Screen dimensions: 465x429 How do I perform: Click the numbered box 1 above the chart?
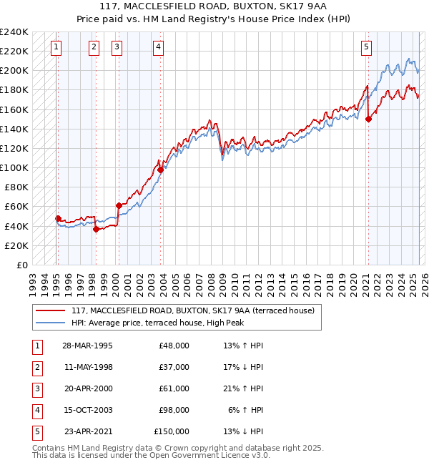click(56, 48)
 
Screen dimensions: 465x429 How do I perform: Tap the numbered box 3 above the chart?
click(117, 48)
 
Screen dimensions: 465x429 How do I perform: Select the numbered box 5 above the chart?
click(366, 48)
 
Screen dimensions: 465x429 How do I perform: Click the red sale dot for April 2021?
click(369, 119)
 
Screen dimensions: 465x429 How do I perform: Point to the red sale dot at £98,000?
click(161, 170)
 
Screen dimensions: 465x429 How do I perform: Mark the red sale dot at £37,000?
click(96, 229)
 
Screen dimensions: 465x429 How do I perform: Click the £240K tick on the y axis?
click(14, 32)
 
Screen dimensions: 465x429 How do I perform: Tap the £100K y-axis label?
click(14, 167)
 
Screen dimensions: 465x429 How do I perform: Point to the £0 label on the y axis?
click(21, 265)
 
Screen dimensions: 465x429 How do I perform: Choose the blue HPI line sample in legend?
click(50, 323)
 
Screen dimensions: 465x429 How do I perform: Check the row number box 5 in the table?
click(36, 431)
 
